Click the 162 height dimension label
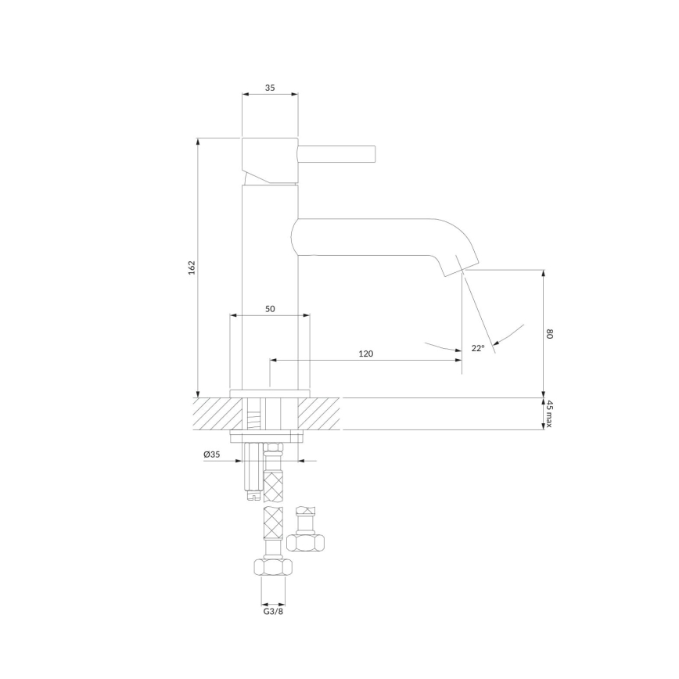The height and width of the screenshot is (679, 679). pos(191,266)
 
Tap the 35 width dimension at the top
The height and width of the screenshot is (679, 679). pos(270,88)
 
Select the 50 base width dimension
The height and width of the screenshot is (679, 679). pos(270,309)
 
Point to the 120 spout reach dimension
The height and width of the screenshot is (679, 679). pos(365,354)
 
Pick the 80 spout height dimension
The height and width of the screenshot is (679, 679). pos(550,334)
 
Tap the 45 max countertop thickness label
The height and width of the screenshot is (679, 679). pos(550,413)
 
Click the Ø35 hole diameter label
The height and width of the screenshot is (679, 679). pos(211,454)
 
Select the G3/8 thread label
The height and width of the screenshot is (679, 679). pos(273,613)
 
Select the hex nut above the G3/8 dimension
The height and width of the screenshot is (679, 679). pos(273,567)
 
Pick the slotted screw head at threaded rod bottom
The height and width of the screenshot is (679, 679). pos(252,494)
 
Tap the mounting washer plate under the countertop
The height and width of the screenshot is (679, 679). pos(267,434)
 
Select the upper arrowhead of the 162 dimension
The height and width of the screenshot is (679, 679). pos(197,142)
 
